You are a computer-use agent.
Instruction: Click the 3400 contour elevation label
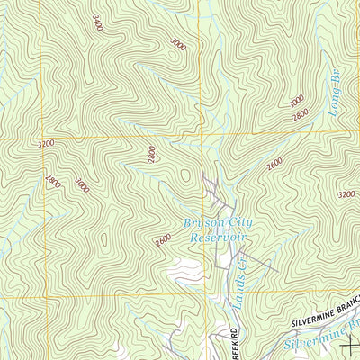click(x=97, y=22)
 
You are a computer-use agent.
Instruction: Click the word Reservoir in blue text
click(x=217, y=238)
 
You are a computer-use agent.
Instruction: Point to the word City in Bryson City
click(x=236, y=223)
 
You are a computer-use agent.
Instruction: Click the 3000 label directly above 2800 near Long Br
click(x=297, y=101)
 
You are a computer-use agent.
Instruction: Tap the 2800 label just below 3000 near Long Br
click(x=300, y=113)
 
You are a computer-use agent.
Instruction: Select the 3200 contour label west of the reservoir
click(x=48, y=143)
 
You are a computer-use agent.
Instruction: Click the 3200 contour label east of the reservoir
click(x=346, y=193)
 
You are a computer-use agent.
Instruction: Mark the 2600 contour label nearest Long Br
click(x=274, y=162)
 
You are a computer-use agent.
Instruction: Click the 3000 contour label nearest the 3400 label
click(x=177, y=43)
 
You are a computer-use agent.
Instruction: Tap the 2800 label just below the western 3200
click(x=53, y=182)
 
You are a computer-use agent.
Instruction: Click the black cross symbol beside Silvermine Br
click(x=348, y=341)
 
